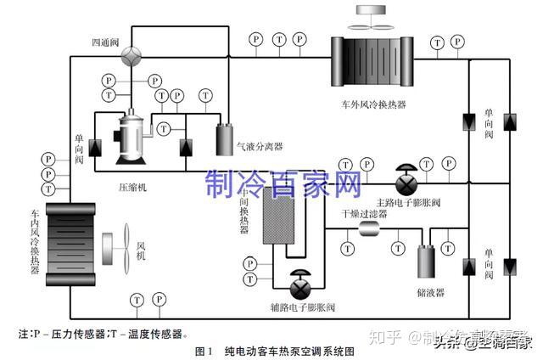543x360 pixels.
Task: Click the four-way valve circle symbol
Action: (x=132, y=53)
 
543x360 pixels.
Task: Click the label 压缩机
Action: (x=132, y=188)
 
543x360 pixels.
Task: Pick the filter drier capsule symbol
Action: (x=372, y=230)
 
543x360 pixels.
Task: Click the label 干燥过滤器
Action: (x=365, y=214)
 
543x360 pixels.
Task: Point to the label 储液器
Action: (x=431, y=291)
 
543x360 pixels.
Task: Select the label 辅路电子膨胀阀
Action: (x=299, y=307)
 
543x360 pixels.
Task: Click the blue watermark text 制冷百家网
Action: (x=283, y=182)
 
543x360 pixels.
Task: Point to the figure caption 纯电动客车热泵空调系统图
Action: (x=284, y=350)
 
